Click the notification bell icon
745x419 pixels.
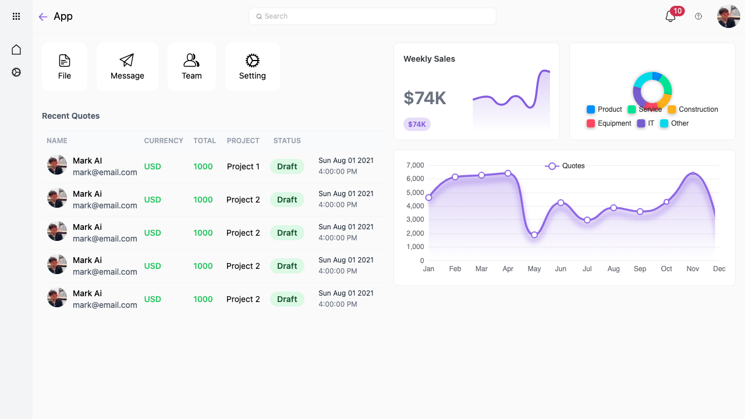[x=670, y=17]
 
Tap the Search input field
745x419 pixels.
[x=372, y=16]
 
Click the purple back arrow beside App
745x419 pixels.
[x=42, y=17]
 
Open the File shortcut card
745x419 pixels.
[x=65, y=67]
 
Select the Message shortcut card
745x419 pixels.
[x=127, y=67]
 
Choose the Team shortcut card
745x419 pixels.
[x=191, y=67]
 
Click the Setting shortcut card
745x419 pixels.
[x=252, y=67]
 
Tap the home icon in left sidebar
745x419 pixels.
[x=16, y=50]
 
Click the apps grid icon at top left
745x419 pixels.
[x=16, y=17]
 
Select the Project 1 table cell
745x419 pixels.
[x=243, y=166]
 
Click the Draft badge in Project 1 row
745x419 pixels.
[x=287, y=166]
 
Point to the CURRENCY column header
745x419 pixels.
[x=164, y=141]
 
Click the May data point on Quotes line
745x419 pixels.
[x=534, y=235]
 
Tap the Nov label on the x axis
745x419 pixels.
[x=693, y=269]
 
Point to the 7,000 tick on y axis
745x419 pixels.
[x=414, y=165]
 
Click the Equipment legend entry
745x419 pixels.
[x=609, y=123]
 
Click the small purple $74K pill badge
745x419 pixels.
[x=417, y=124]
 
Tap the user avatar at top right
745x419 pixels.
[x=729, y=17]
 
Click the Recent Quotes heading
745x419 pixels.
[x=71, y=116]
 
